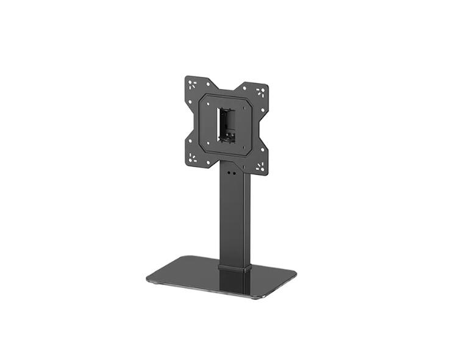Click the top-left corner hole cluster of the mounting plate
click(x=193, y=85)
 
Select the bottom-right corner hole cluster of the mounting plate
click(x=260, y=165)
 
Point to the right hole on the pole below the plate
click(x=235, y=173)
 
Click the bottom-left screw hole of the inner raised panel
click(x=208, y=144)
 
